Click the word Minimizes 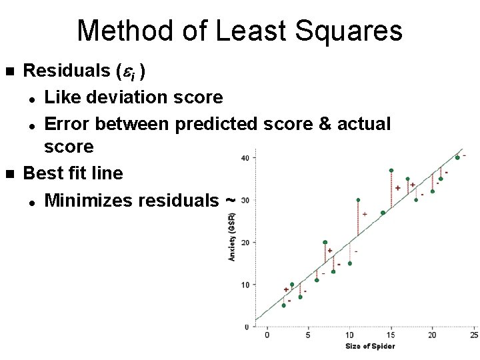(x=88, y=200)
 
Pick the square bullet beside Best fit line (x=9, y=174)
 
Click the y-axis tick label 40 (x=245, y=158)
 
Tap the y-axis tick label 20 (x=245, y=243)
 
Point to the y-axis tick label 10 (x=245, y=285)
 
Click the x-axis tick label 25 (x=473, y=335)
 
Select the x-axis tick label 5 (x=308, y=335)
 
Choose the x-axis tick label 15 (x=391, y=335)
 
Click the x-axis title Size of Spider (x=370, y=346)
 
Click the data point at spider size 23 (x=457, y=158)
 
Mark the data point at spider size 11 (x=358, y=200)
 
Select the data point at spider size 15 (x=391, y=171)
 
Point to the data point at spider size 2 (x=284, y=305)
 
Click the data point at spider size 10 (x=349, y=263)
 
